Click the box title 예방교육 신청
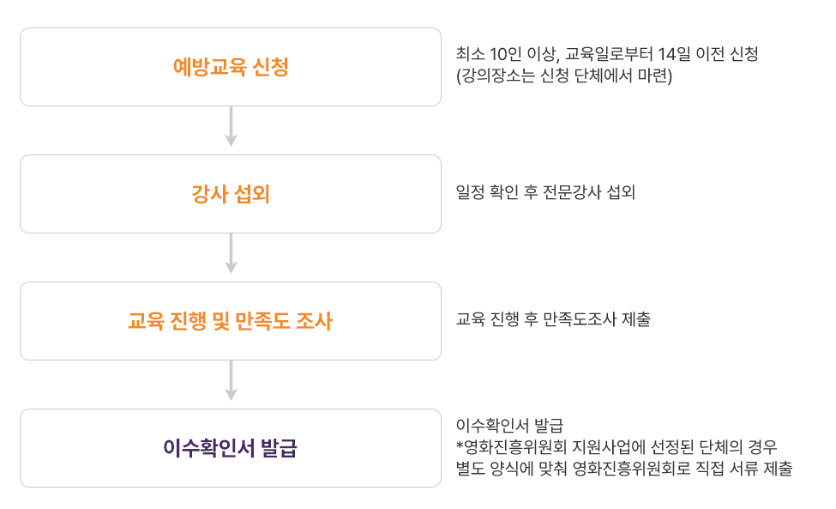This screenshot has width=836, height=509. tap(231, 67)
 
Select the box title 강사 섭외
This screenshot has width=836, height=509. tap(231, 195)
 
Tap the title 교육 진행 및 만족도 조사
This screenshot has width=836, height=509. tap(231, 322)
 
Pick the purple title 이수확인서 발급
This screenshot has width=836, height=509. tap(231, 448)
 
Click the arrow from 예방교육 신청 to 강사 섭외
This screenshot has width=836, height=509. tap(231, 128)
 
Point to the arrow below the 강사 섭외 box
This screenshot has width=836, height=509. tap(231, 255)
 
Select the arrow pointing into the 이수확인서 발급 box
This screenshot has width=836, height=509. tap(231, 382)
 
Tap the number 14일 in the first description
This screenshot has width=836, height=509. tap(670, 55)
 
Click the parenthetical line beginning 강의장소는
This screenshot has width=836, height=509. tap(565, 76)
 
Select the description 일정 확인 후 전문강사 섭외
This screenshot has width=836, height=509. tap(545, 192)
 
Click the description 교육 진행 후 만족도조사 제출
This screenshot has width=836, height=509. tap(553, 320)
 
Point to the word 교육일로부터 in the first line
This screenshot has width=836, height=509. tap(608, 55)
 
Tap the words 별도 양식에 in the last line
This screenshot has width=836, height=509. tap(490, 470)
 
